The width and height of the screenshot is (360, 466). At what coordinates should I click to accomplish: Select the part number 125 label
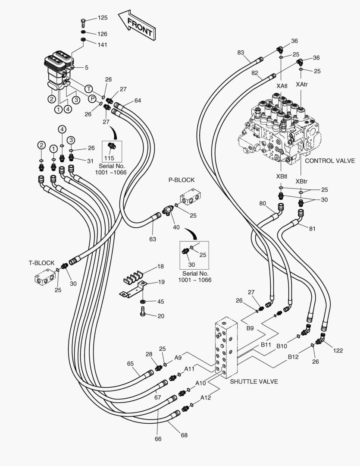coord(102,18)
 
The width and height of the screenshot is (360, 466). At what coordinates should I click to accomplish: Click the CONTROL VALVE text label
coord(330,161)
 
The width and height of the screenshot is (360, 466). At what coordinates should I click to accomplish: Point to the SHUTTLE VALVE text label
coord(254,381)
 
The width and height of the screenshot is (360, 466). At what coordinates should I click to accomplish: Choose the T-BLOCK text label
coord(41,263)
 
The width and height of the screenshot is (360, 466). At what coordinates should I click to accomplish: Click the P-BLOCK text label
coord(181,180)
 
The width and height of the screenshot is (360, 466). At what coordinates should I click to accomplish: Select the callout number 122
coord(338,350)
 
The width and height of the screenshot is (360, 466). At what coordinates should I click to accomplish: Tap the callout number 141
coord(102,45)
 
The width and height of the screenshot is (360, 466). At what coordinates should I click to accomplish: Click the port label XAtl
coord(282,86)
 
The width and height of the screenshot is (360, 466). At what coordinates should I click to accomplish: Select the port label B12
coord(293,357)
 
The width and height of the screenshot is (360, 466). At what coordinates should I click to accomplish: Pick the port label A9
coord(178,357)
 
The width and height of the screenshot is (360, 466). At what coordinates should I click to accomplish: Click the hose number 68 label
coord(184,435)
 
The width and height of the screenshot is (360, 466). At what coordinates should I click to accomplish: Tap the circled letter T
coord(89,88)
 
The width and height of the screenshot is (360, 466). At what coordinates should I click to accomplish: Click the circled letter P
coord(92,99)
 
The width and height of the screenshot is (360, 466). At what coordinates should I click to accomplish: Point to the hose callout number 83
coord(241,53)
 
